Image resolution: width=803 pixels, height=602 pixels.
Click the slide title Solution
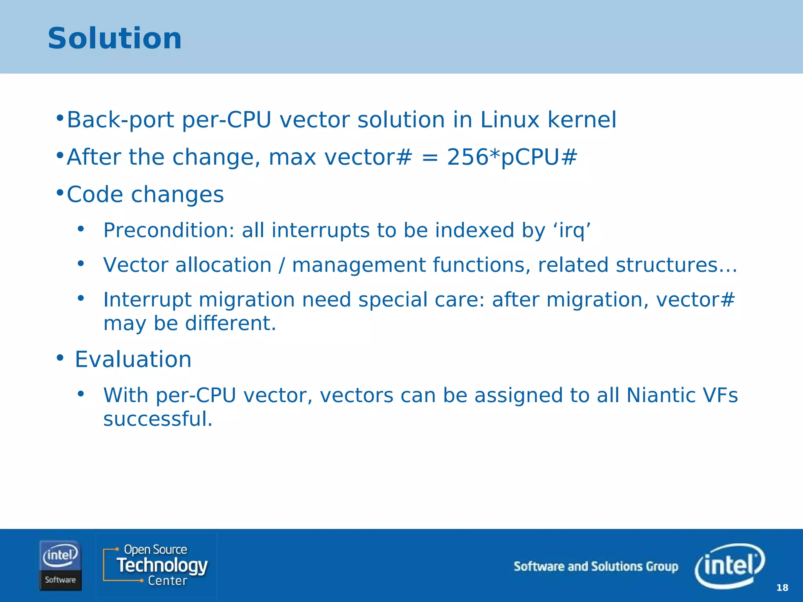point(114,38)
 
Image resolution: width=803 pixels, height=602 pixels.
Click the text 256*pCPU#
point(512,157)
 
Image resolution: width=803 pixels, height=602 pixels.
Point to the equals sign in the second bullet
point(430,158)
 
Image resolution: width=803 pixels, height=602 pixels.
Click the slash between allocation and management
point(282,265)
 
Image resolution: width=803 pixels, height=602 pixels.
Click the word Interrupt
point(147,300)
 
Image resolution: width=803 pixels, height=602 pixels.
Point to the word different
point(230,324)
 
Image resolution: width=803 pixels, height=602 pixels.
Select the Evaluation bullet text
point(133,359)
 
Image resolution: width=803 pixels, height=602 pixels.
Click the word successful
point(158,419)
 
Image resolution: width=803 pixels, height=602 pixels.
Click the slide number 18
point(782,587)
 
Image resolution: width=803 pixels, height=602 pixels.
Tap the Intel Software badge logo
point(60,565)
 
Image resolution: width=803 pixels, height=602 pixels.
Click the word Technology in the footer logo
point(162,565)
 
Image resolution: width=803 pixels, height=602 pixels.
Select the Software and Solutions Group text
point(596,566)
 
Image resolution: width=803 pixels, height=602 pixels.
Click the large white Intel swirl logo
point(730,566)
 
